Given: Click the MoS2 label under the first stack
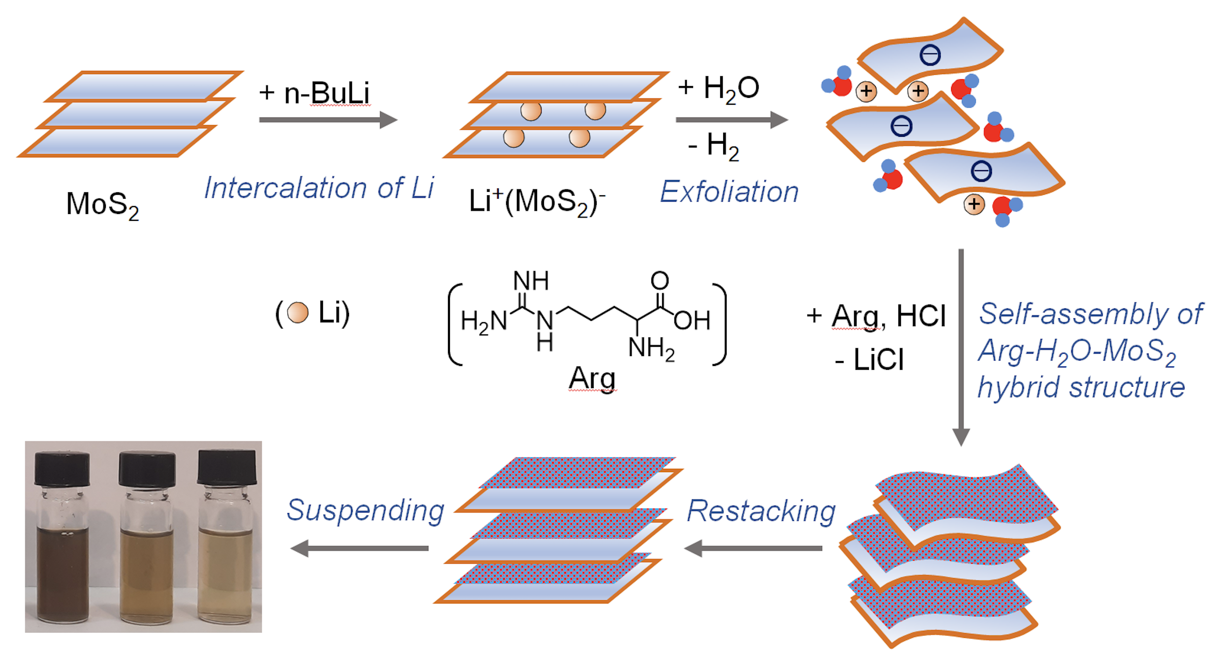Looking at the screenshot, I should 102,204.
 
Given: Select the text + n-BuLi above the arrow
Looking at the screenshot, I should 315,92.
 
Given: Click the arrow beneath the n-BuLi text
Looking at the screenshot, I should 328,120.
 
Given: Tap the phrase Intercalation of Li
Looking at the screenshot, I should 319,188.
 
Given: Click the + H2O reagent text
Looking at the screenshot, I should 718,89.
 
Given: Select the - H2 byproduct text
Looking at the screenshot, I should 713,146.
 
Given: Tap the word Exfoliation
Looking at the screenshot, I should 729,191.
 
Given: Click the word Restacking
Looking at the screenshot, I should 761,511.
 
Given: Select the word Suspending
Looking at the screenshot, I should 365,510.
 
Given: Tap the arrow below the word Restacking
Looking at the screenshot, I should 753,548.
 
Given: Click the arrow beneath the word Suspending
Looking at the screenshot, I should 359,548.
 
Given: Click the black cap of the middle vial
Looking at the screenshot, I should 147,469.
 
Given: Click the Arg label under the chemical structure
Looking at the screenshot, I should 592,379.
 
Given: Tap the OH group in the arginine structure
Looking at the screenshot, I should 692,321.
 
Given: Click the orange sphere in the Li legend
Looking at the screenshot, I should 297,312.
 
